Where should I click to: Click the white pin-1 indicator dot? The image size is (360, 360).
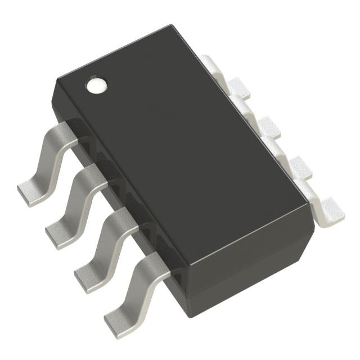pyautogui.click(x=95, y=85)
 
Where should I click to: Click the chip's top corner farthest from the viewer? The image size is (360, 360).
pyautogui.click(x=169, y=26)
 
